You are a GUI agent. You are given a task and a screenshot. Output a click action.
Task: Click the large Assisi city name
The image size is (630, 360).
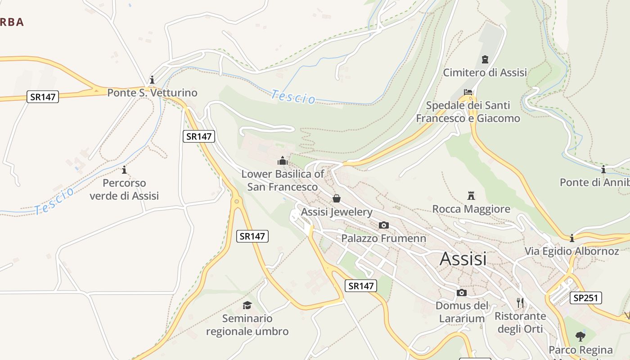click(463, 259)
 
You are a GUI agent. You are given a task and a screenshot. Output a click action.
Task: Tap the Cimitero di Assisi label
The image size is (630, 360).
click(485, 72)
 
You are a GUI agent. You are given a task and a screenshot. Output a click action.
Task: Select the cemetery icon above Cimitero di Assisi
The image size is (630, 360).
click(485, 59)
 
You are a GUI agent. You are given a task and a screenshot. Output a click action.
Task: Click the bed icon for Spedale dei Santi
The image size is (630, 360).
click(468, 92)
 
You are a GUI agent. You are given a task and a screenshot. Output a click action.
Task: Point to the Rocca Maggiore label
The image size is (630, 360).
click(471, 209)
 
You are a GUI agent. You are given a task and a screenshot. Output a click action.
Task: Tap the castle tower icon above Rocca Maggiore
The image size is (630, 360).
click(471, 196)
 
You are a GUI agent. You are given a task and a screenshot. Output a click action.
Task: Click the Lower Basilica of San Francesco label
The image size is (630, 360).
click(283, 180)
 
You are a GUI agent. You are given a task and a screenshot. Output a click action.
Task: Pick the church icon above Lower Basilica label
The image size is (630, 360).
click(283, 161)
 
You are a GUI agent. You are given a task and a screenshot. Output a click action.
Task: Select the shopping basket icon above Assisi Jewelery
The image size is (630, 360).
click(336, 198)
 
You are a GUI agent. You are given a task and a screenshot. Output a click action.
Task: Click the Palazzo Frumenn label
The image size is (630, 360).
click(383, 238)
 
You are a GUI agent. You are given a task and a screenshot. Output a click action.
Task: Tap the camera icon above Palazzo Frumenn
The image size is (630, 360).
click(383, 225)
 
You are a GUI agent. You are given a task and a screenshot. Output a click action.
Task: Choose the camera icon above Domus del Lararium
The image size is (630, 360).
click(461, 293)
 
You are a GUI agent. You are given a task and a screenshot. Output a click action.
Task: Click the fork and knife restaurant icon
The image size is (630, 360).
click(521, 302)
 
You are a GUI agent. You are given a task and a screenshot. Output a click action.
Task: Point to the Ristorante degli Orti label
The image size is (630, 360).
click(520, 322)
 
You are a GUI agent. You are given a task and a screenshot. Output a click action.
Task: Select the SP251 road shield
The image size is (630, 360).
click(585, 298)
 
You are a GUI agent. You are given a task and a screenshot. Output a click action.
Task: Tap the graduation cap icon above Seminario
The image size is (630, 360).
click(247, 306)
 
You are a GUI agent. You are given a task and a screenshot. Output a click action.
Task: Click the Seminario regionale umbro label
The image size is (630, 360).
click(247, 325)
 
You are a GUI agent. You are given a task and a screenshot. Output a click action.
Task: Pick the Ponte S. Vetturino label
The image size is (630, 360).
click(152, 93)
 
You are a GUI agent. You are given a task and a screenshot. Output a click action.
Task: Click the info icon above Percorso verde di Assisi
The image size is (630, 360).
click(124, 170)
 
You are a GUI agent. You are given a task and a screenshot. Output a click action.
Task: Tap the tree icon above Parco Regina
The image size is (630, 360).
click(580, 336)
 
